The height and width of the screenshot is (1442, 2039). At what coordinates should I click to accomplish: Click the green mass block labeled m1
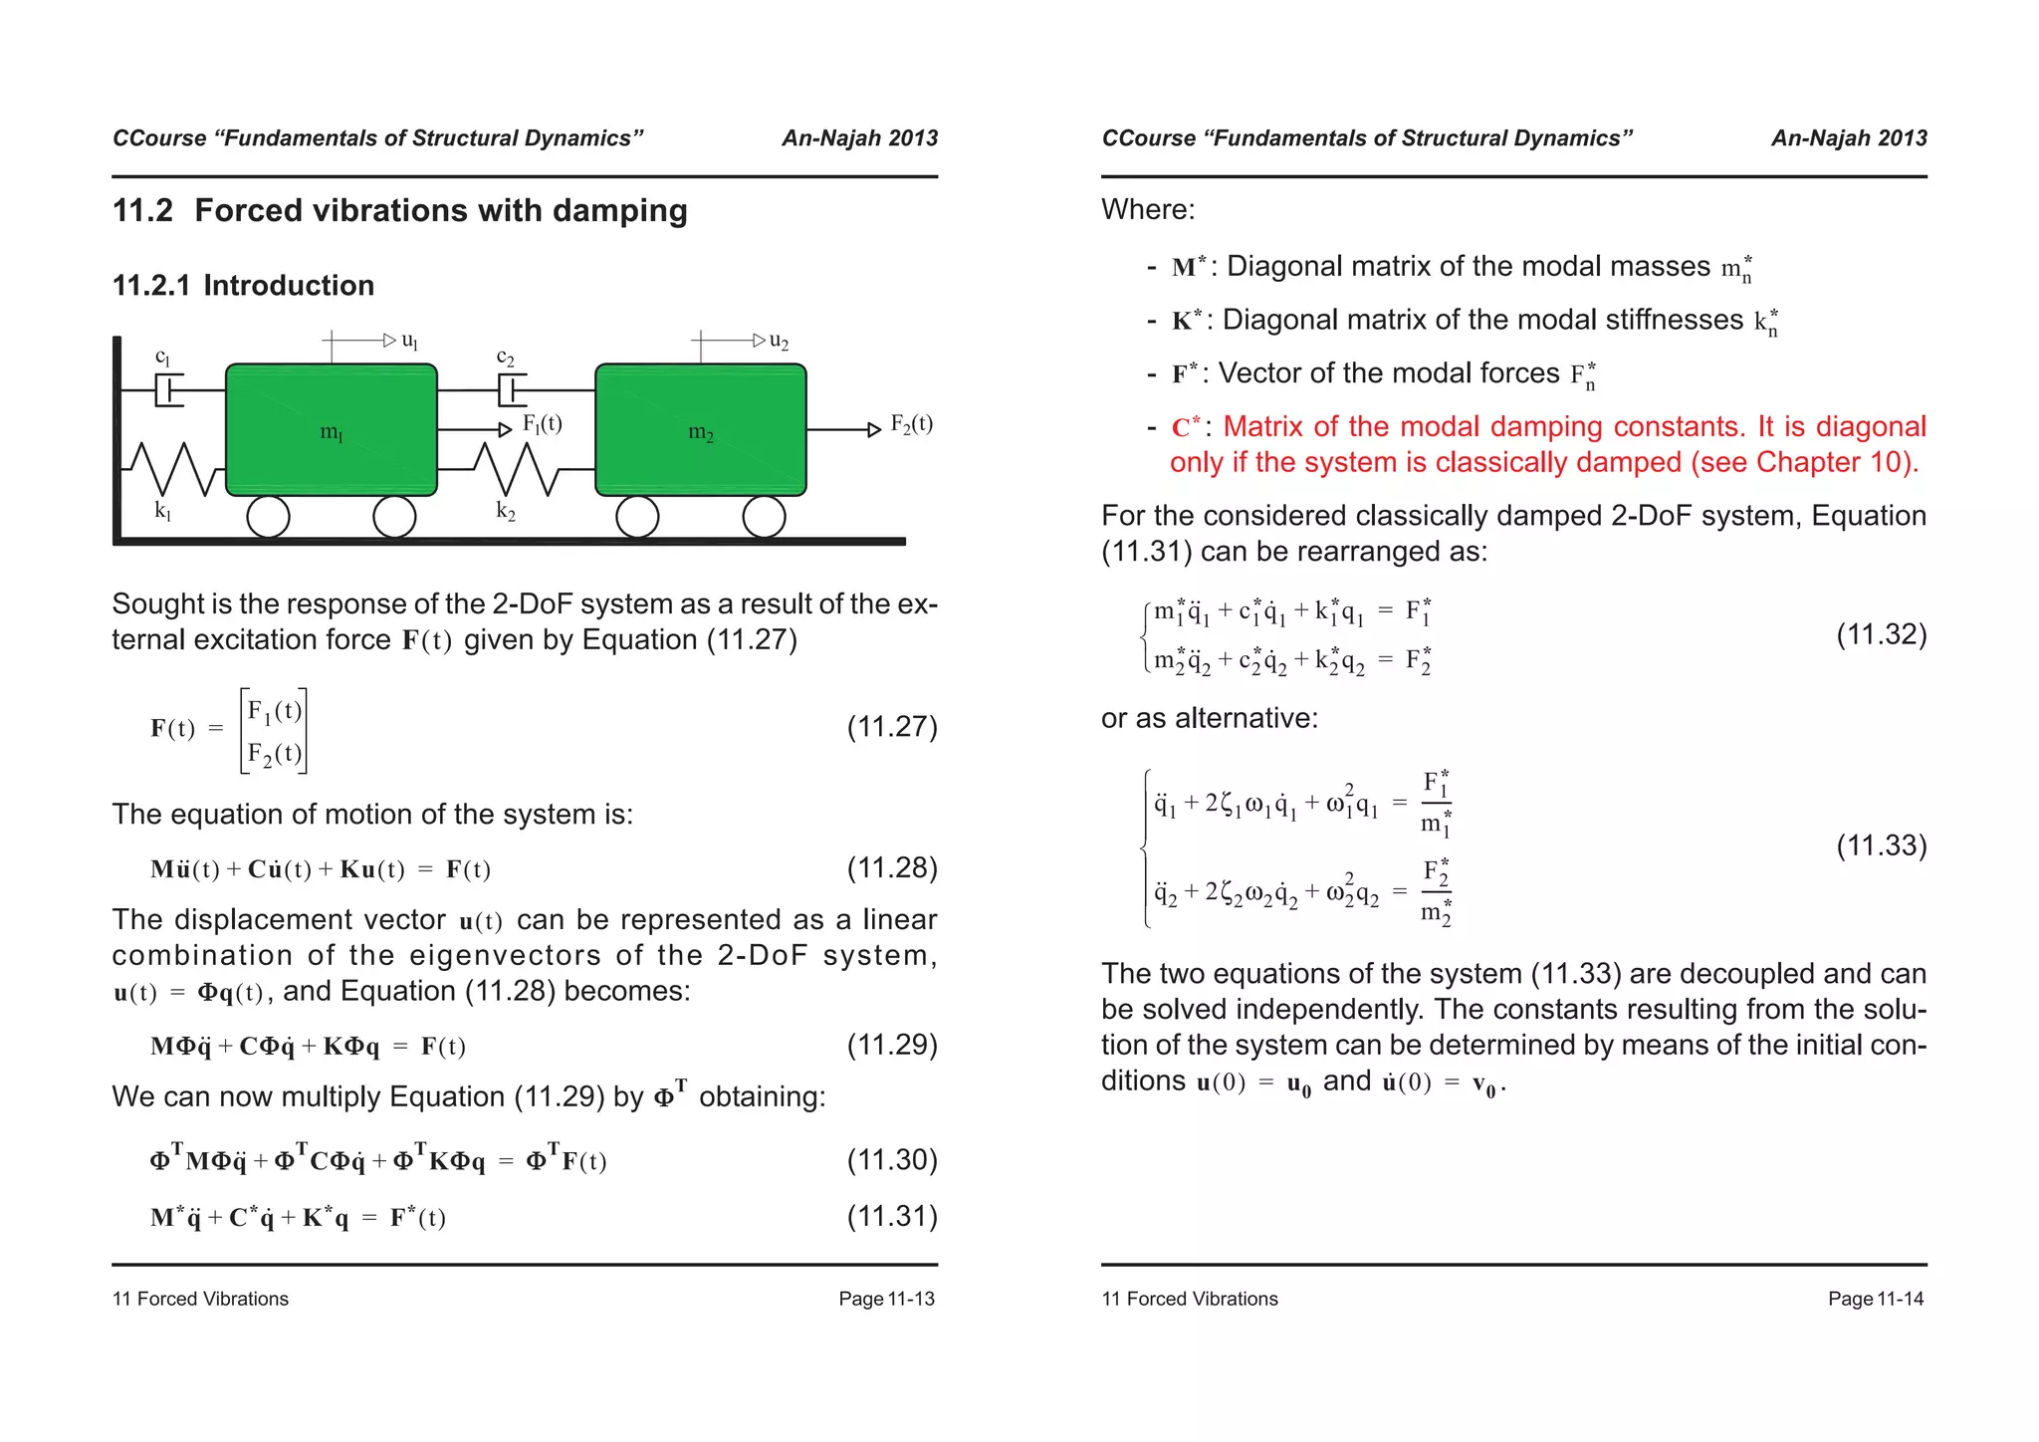coord(332,429)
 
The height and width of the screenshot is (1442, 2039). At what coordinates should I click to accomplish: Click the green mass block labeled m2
coord(701,429)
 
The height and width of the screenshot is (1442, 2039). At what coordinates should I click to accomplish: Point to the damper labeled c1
coord(169,389)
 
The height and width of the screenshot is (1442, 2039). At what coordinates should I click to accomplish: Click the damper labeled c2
coord(511,389)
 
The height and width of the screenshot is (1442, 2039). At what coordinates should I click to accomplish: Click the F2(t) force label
coord(911,424)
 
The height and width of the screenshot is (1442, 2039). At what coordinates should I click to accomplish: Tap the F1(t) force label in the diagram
coord(543,424)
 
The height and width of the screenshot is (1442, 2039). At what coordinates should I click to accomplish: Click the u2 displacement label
coord(779,342)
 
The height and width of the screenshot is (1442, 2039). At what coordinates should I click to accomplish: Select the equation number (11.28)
coord(892,867)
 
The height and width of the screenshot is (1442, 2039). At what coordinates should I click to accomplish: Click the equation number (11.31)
coord(892,1215)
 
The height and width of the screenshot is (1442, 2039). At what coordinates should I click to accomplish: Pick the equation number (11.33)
coord(1881,845)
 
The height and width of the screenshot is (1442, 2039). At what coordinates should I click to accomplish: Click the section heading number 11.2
coord(142,211)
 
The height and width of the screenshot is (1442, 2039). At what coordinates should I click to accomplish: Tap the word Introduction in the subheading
coord(289,286)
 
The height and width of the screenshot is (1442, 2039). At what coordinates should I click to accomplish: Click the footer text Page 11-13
coord(886,1299)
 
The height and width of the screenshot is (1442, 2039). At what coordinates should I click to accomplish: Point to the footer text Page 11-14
coord(1876,1299)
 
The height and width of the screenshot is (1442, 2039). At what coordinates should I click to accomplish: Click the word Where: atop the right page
coord(1148,210)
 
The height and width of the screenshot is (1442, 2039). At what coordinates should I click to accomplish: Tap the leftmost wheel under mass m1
coord(268,517)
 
